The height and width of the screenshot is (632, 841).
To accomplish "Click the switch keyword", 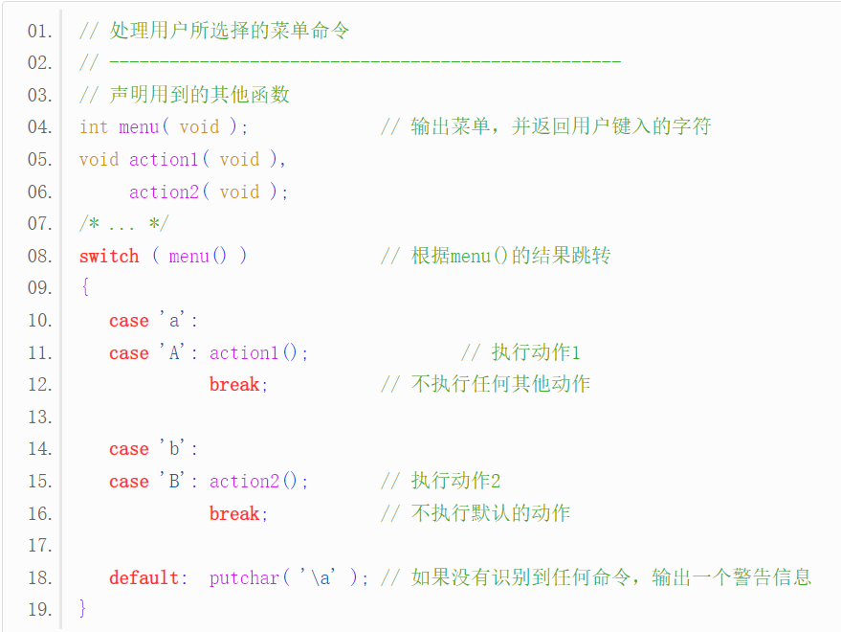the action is point(109,256).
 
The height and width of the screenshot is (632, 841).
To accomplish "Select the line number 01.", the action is point(39,31).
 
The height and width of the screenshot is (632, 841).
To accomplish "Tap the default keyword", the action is point(144,577).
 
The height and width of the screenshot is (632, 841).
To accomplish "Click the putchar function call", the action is point(244,577).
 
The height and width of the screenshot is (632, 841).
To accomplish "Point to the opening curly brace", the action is point(84,287).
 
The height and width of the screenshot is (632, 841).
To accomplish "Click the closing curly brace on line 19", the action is point(83,608).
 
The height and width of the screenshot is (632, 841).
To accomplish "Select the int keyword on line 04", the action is point(94,127).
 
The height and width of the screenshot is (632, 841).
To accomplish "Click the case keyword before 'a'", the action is point(129,321).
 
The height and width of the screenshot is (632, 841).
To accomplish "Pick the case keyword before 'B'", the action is point(129,481).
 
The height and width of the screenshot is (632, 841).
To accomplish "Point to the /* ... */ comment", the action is point(123,223).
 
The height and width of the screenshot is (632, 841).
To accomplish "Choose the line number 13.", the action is point(39,417).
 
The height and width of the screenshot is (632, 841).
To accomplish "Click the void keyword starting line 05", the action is point(99,159).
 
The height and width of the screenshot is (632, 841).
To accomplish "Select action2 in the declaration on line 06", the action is point(164,192).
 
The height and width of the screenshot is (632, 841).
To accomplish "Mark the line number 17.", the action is point(39,545).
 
